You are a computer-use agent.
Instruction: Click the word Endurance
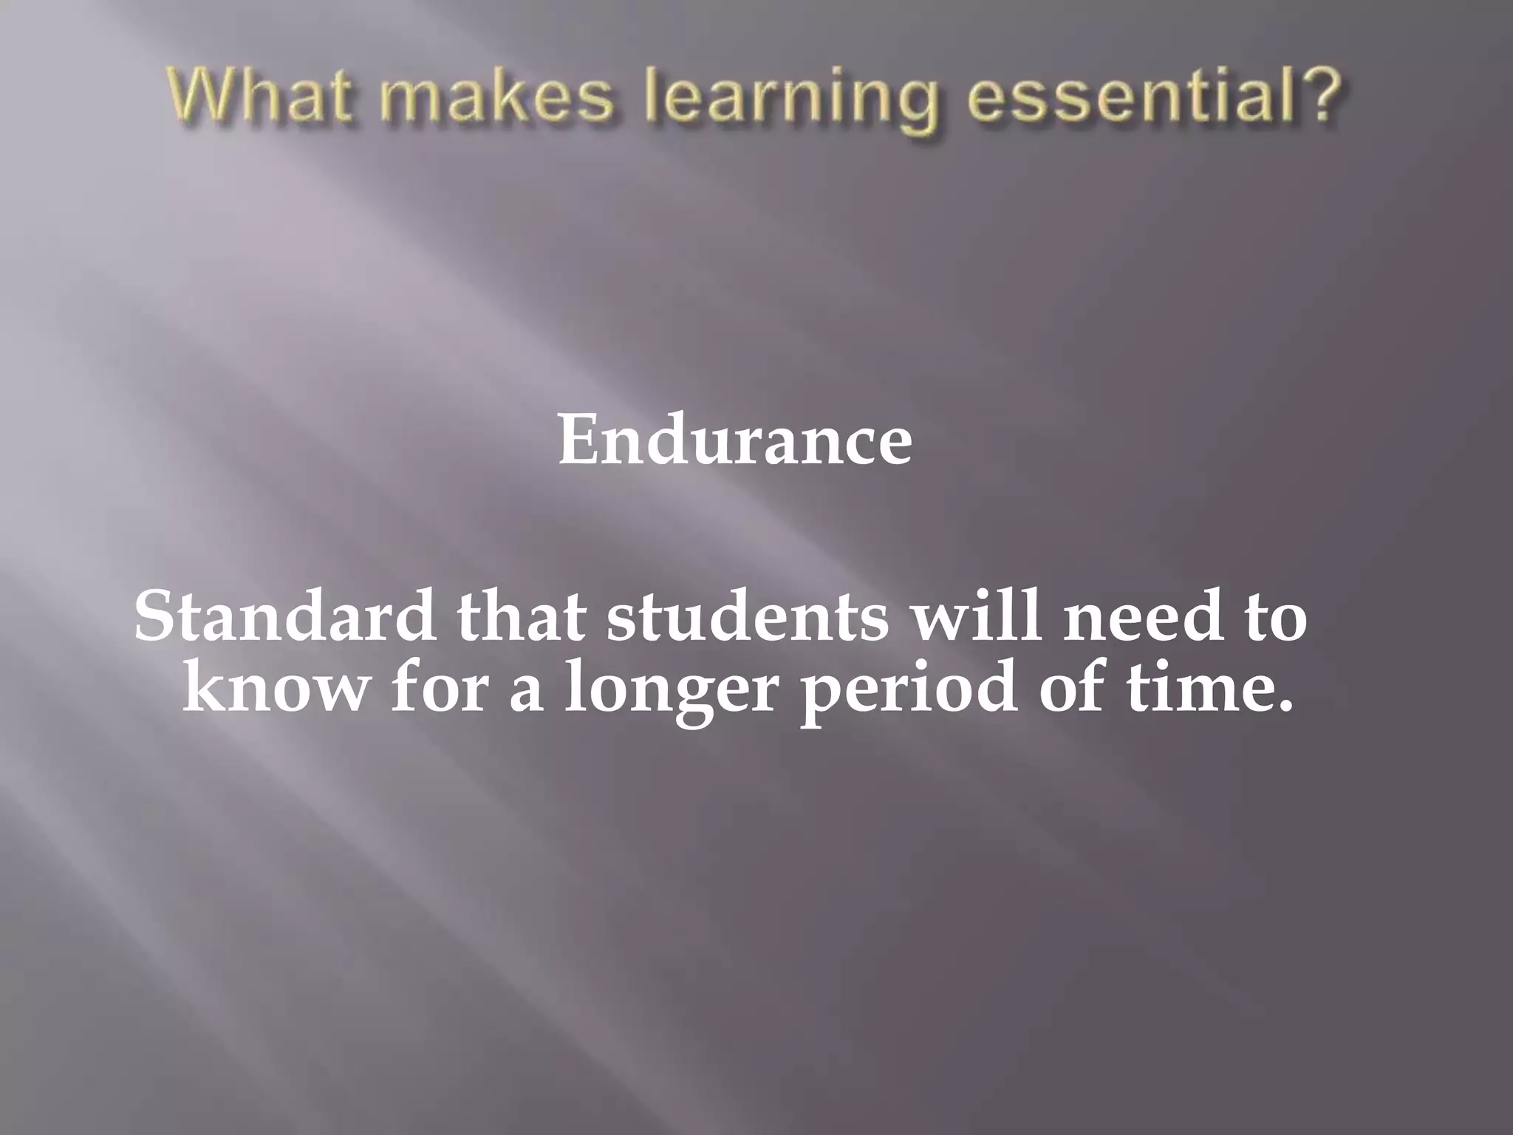tap(734, 440)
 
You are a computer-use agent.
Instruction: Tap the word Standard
tap(284, 616)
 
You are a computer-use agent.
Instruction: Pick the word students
tap(747, 616)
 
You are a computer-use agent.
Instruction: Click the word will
tap(975, 616)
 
